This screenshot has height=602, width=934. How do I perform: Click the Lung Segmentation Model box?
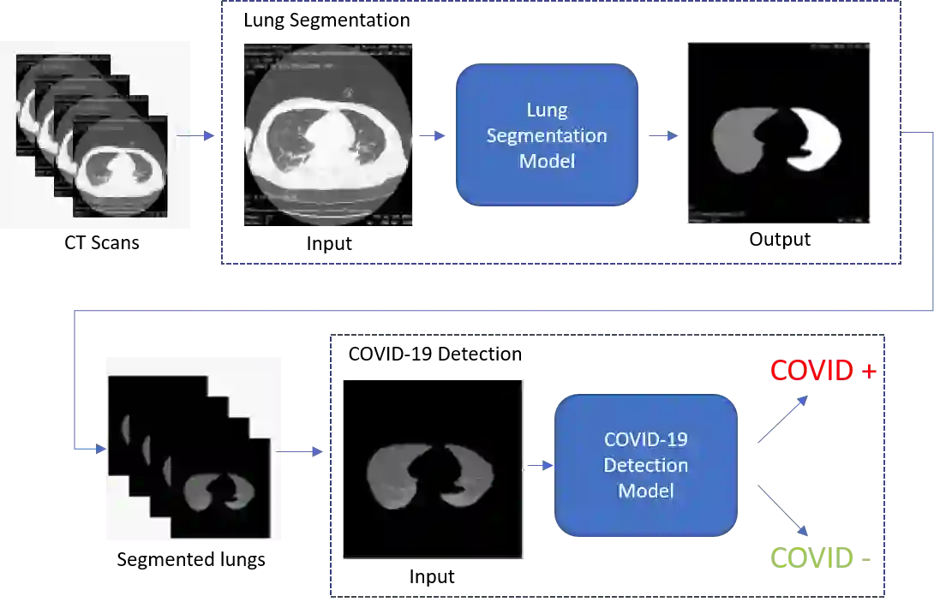[547, 134]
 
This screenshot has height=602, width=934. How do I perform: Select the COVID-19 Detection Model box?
[646, 465]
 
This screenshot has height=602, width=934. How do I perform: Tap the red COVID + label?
[822, 371]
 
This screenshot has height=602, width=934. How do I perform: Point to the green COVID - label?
[819, 557]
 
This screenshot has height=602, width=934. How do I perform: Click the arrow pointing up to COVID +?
[783, 420]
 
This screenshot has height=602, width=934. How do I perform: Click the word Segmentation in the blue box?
[547, 135]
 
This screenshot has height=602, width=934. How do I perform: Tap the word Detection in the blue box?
[646, 465]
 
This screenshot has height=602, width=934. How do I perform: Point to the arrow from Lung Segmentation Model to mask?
[662, 135]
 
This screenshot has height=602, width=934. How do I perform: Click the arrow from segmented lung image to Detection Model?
[540, 464]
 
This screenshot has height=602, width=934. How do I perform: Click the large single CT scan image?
[328, 133]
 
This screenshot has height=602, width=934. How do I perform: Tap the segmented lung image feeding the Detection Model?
[433, 469]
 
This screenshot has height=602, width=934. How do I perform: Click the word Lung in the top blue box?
[547, 110]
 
